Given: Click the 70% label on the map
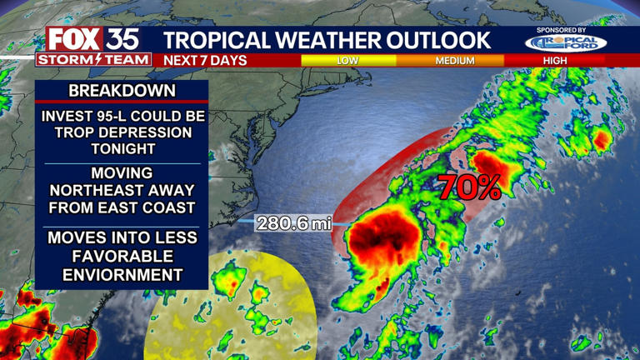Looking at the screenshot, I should click(x=469, y=187).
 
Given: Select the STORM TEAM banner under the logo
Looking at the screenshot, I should click(x=93, y=59).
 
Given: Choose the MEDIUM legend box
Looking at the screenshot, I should click(x=454, y=61).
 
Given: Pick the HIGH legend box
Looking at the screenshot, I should click(x=556, y=61).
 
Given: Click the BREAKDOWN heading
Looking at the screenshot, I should click(x=122, y=90).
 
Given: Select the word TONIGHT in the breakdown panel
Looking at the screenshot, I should click(x=122, y=149).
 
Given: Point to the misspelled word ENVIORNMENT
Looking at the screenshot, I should click(x=122, y=273).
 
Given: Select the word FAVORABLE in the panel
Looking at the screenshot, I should click(x=122, y=255).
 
